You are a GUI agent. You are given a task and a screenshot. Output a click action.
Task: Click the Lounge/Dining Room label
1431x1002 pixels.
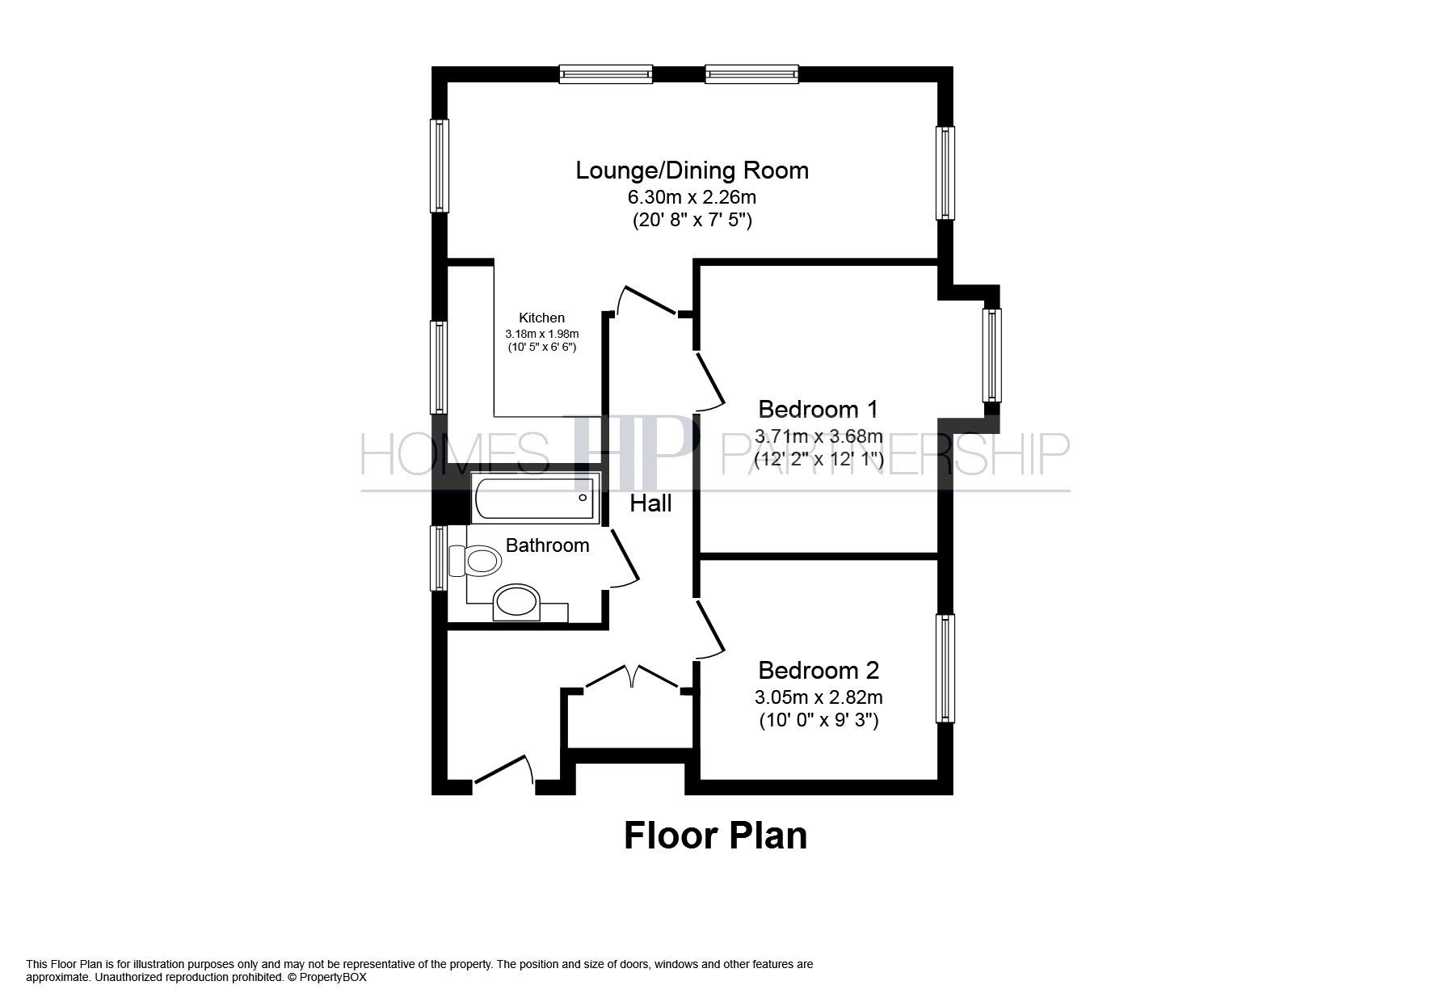692,171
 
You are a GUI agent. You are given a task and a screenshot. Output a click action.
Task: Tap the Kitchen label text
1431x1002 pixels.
541,318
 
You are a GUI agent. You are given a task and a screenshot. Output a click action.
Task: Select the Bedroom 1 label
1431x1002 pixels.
818,409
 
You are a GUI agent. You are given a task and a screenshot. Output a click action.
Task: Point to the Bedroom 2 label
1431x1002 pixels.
819,670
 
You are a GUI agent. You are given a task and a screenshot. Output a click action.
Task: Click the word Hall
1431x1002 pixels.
650,503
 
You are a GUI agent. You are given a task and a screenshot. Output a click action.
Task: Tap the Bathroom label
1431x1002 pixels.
547,545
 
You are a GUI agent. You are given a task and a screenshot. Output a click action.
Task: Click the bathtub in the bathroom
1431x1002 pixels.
534,498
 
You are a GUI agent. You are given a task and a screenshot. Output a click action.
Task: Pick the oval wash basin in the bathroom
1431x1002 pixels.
516,601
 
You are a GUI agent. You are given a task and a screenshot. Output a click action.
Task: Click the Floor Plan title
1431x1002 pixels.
715,836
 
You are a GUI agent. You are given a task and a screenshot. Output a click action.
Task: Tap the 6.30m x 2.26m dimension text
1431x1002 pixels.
692,196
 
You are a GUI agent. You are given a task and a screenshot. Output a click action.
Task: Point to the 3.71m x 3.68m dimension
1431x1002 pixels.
819,436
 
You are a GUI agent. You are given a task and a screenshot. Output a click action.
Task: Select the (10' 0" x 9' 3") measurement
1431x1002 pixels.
819,720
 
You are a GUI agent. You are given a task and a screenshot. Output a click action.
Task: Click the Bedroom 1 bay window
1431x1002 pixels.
991,355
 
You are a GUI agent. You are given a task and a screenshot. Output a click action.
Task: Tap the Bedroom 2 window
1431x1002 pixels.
945,668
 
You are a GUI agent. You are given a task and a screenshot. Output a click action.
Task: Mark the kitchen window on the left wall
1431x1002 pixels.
439,368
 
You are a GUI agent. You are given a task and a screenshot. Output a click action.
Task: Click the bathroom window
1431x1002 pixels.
439,558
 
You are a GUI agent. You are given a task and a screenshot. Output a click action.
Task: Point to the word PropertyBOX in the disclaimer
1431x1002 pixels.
333,977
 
